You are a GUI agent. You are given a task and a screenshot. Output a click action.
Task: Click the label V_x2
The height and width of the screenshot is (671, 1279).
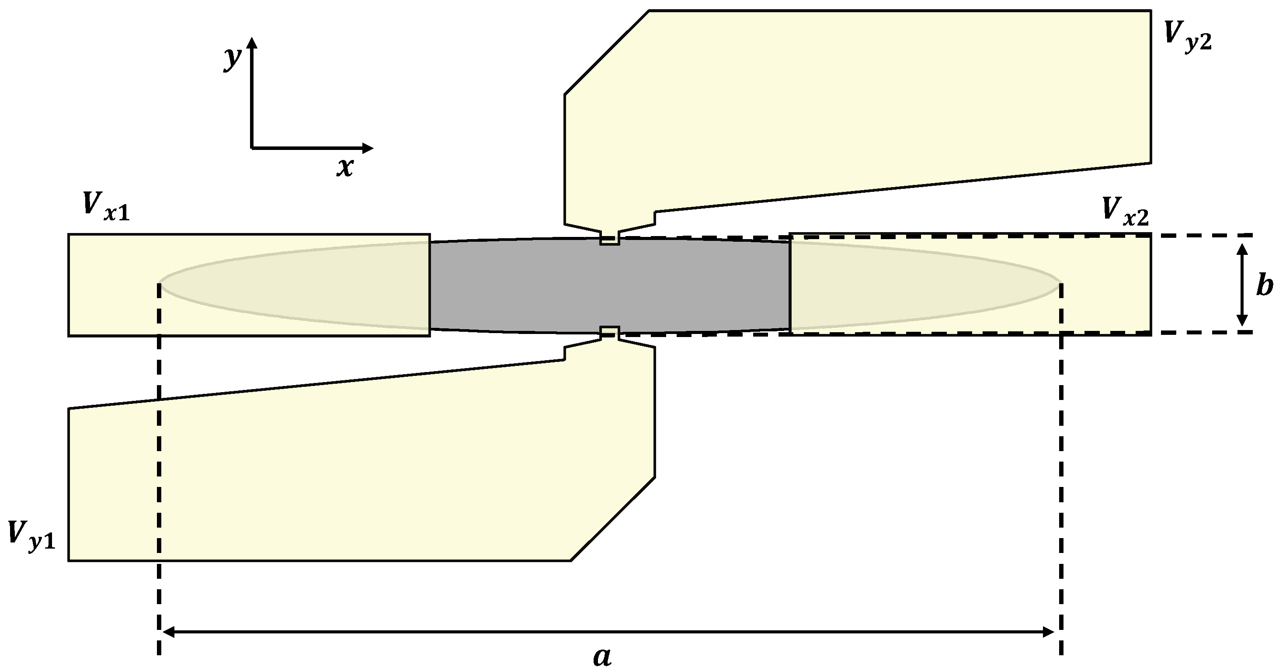(x=1125, y=211)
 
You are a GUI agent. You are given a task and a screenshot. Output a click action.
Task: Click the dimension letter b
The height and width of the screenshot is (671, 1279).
(x=1264, y=287)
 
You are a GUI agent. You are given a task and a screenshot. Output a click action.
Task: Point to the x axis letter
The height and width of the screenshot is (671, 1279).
(x=344, y=168)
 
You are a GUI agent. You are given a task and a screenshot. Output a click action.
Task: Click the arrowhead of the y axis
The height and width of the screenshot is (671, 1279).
(x=252, y=43)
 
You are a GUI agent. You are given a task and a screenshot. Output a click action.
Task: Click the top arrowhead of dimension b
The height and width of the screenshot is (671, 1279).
(x=1242, y=248)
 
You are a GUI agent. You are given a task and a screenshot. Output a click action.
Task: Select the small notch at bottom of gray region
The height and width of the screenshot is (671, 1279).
(x=610, y=331)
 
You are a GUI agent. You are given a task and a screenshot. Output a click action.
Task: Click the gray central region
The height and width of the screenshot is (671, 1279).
(x=610, y=285)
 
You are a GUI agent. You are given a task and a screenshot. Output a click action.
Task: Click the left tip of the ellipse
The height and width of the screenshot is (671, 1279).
(x=160, y=284)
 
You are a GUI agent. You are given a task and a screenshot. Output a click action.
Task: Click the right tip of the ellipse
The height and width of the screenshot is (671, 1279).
(x=1059, y=284)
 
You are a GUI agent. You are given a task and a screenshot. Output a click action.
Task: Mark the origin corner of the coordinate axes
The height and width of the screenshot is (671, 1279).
(x=252, y=147)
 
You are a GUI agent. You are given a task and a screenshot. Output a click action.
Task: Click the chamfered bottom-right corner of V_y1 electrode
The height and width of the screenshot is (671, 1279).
(x=614, y=519)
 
